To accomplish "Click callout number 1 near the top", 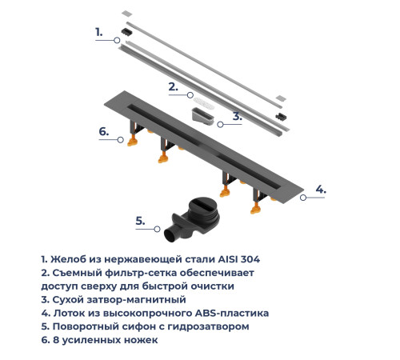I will (99, 33).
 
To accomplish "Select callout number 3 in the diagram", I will (237, 117).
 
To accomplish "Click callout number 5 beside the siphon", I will (139, 220).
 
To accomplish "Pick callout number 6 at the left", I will (103, 131).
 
